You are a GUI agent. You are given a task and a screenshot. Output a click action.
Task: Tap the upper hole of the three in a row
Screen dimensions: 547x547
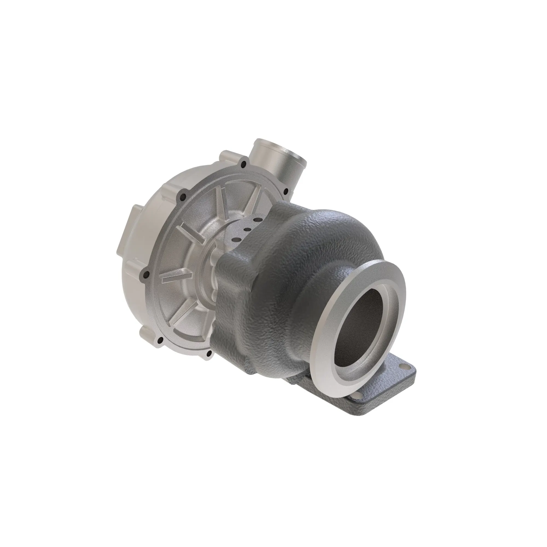pos(257,219)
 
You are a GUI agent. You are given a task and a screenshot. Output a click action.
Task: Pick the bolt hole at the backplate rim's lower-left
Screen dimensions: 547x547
pos(160,340)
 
